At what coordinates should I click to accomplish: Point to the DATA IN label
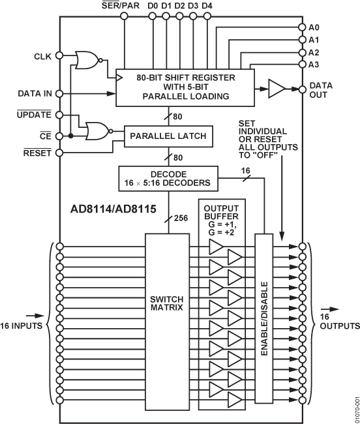33,94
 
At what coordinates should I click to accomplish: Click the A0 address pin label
314,27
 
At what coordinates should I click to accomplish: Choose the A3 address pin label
314,64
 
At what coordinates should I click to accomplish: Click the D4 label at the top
207,7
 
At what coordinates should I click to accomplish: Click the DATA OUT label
320,91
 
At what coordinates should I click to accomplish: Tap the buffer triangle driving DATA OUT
276,87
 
